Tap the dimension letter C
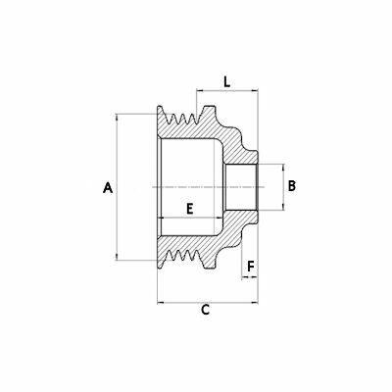[x=206, y=311]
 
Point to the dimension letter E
[x=189, y=207]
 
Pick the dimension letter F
[x=251, y=265]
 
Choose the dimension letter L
[x=226, y=84]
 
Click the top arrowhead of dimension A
[x=119, y=116]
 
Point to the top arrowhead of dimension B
[x=283, y=165]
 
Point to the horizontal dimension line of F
[x=250, y=277]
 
